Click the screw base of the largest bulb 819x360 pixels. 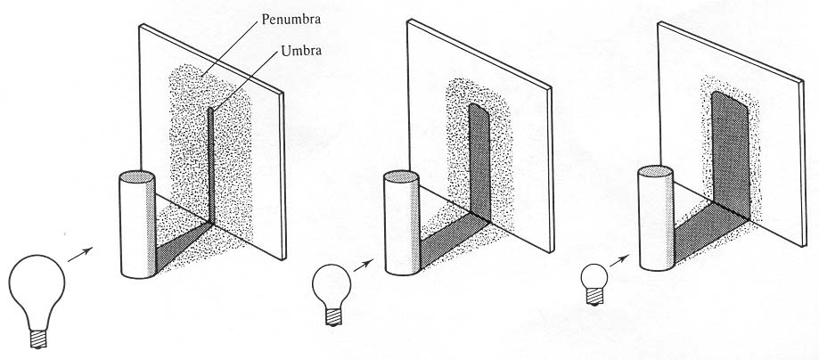tap(39, 338)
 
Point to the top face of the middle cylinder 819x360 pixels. tap(401, 179)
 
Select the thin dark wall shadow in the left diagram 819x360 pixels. tap(211, 160)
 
